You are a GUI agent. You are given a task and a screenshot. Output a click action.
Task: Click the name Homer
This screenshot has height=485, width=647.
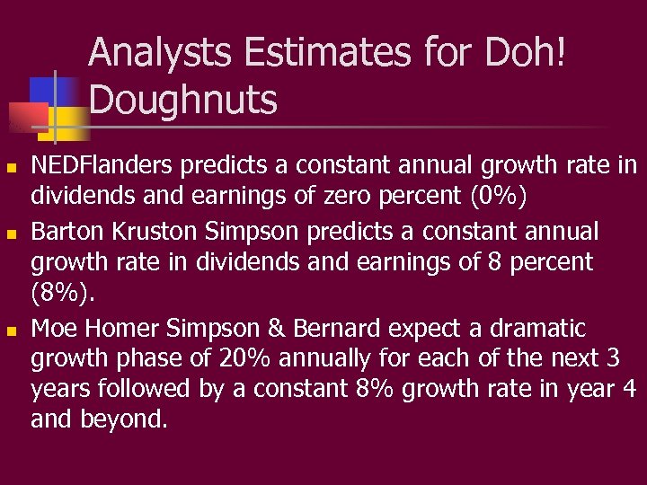coord(128,328)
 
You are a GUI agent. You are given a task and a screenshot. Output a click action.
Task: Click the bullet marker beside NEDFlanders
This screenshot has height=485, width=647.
coord(10,168)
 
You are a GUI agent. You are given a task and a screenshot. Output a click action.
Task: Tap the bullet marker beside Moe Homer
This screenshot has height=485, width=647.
coord(10,331)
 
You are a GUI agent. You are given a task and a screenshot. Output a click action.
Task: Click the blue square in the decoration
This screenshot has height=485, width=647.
coord(43,90)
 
